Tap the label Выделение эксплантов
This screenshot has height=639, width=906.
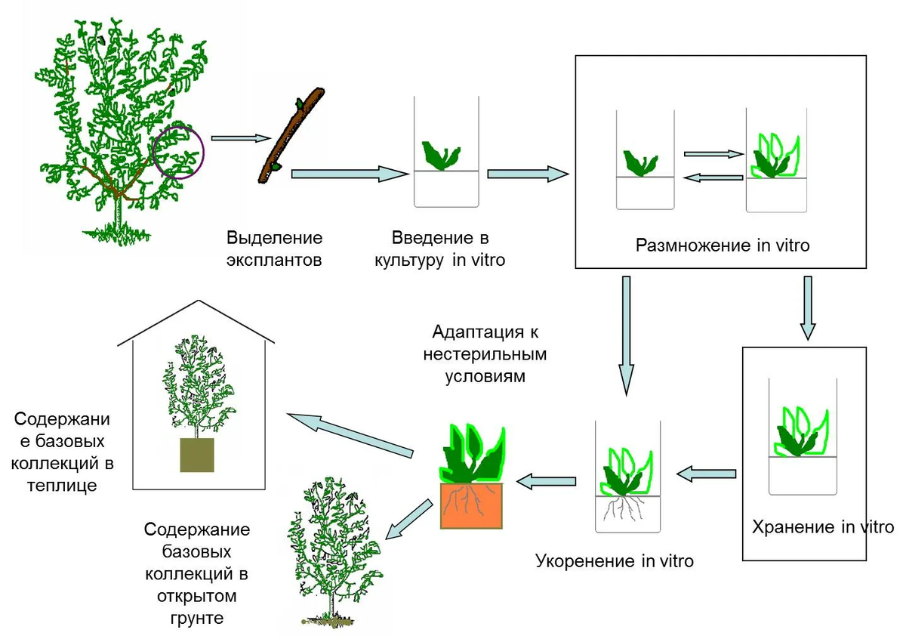point(274,249)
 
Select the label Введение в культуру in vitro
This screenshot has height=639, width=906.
point(448,249)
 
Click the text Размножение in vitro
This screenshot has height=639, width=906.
point(723,245)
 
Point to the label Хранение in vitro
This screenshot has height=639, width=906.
point(822,526)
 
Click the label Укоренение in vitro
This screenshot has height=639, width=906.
point(614,561)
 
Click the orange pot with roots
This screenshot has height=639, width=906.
point(471,505)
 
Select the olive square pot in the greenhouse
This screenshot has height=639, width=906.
point(196,455)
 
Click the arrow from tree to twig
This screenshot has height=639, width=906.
point(241,138)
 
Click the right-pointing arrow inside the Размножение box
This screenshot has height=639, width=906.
point(713,153)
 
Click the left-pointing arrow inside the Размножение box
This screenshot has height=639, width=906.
point(713,177)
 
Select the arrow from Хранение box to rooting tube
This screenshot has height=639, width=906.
point(706,474)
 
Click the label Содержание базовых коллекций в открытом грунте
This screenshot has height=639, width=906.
point(196,574)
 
